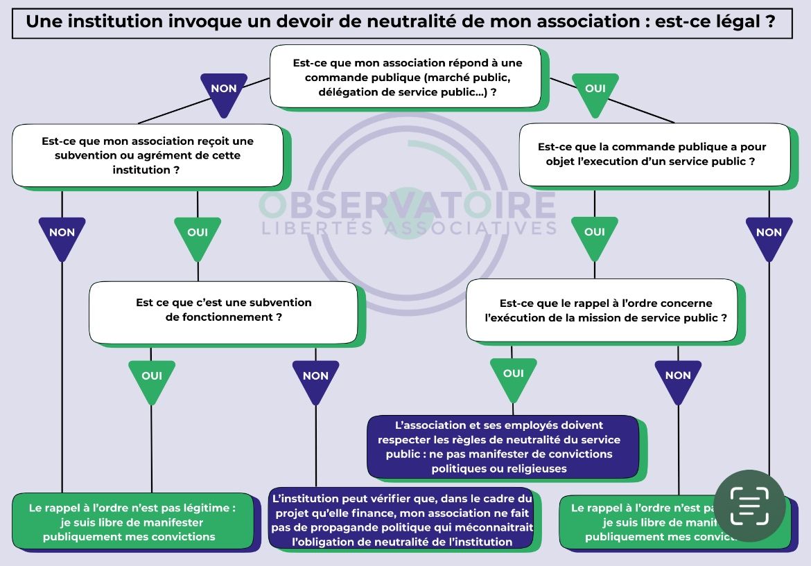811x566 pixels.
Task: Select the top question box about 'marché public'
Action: click(x=405, y=77)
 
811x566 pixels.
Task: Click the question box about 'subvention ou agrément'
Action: click(x=148, y=155)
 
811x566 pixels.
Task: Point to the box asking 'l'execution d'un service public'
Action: click(x=654, y=154)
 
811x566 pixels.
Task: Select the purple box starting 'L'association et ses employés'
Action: click(x=503, y=447)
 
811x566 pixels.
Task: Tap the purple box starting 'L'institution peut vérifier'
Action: click(x=402, y=520)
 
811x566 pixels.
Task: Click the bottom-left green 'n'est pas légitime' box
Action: click(x=132, y=522)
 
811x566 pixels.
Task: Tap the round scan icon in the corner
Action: click(x=749, y=506)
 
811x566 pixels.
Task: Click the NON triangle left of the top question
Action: click(x=223, y=92)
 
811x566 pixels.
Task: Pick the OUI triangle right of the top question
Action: click(x=595, y=92)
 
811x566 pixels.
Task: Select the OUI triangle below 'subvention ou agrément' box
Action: click(x=198, y=236)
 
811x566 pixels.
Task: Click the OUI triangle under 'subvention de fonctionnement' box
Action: click(x=152, y=379)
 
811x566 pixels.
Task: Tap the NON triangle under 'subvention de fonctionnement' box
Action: click(x=315, y=379)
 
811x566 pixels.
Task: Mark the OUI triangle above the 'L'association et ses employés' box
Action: click(x=514, y=377)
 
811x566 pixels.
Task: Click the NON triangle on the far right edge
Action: click(x=769, y=236)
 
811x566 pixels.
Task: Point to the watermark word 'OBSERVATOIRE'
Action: click(x=408, y=204)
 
